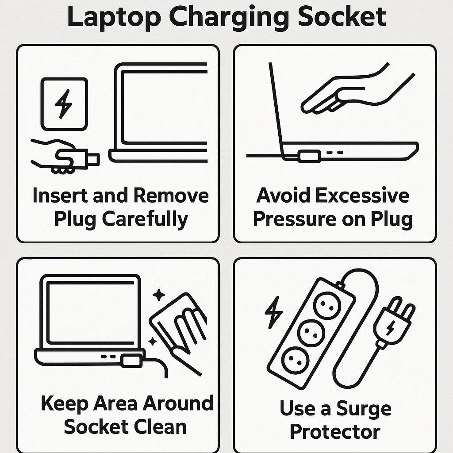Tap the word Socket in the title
pyautogui.click(x=342, y=16)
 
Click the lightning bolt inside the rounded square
pyautogui.click(x=64, y=104)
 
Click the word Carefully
pyautogui.click(x=145, y=219)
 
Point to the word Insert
pyautogui.click(x=60, y=196)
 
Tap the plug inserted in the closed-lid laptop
pyautogui.click(x=310, y=156)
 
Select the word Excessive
pyautogui.click(x=362, y=196)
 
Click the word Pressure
pyautogui.click(x=295, y=219)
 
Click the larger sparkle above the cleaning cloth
pyautogui.click(x=159, y=295)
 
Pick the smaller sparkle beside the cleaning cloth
pyautogui.click(x=152, y=342)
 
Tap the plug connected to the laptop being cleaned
pyautogui.click(x=132, y=361)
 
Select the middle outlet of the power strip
pyautogui.click(x=311, y=333)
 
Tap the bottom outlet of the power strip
pyautogui.click(x=295, y=360)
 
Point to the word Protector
pyautogui.click(x=335, y=432)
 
